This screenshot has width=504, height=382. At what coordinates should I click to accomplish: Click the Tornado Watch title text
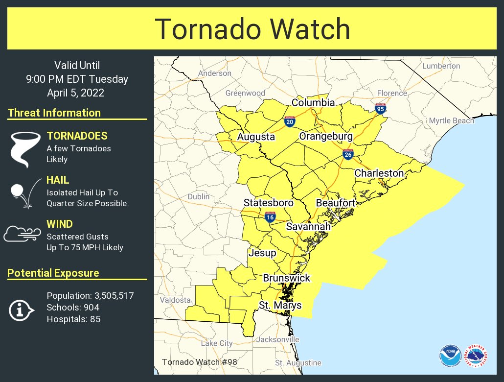point(252,29)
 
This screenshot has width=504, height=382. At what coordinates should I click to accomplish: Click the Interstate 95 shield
point(380,109)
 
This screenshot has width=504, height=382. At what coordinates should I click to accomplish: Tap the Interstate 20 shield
point(290,121)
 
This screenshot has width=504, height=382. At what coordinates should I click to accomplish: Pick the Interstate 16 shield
point(270,217)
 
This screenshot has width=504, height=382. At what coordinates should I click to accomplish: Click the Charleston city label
point(379,173)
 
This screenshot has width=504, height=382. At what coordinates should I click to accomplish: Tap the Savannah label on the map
point(308,227)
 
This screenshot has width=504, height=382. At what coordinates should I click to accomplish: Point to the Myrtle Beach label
point(451,120)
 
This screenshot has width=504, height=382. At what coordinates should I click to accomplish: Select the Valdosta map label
point(175,300)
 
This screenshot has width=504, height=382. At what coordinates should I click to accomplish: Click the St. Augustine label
point(298,363)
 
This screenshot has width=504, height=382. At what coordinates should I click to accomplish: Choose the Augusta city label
point(256,137)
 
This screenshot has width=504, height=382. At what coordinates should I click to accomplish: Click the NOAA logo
point(450,356)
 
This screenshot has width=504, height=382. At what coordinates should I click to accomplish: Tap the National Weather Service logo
point(477,356)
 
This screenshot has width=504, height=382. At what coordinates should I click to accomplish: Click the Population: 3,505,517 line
point(90,296)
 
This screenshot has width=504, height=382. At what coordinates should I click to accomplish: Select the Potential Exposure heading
point(53,273)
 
